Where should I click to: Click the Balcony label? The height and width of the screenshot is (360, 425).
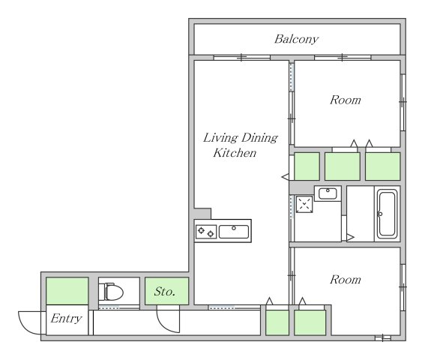pyautogui.click(x=296, y=39)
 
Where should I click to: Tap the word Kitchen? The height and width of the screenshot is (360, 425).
pyautogui.click(x=235, y=153)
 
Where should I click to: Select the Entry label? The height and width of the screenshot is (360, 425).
pyautogui.click(x=66, y=319)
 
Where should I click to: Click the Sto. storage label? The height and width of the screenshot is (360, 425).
pyautogui.click(x=164, y=292)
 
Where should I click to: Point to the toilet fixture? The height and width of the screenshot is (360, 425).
pyautogui.click(x=111, y=292)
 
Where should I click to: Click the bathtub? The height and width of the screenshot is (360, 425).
pyautogui.click(x=387, y=214)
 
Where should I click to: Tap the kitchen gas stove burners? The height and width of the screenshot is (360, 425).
pyautogui.click(x=206, y=232)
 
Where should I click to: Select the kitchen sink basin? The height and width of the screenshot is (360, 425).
pyautogui.click(x=234, y=232)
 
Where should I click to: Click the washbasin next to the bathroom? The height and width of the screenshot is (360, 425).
pyautogui.click(x=328, y=193)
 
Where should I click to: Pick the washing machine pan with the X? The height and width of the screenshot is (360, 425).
pyautogui.click(x=304, y=204)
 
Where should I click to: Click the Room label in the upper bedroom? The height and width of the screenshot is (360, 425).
pyautogui.click(x=346, y=100)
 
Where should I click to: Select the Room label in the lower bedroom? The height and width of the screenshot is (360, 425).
pyautogui.click(x=346, y=280)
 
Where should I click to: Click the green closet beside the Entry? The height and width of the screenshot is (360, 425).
pyautogui.click(x=67, y=291)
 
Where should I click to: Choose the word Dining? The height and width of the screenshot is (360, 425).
pyautogui.click(x=259, y=138)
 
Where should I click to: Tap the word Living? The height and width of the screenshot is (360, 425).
pyautogui.click(x=220, y=138)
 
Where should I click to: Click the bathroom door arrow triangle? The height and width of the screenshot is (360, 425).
pyautogui.click(x=350, y=238)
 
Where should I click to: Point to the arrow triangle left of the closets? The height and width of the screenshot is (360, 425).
pyautogui.click(x=286, y=177)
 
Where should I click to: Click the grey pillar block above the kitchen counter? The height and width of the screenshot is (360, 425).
pyautogui.click(x=202, y=214)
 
